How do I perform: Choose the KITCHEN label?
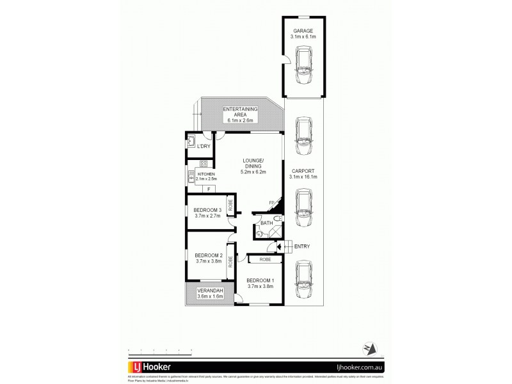(206, 174)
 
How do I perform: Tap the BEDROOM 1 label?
(260, 281)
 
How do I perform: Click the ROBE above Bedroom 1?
(264, 260)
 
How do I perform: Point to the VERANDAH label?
(209, 292)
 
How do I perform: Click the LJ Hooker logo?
(151, 367)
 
